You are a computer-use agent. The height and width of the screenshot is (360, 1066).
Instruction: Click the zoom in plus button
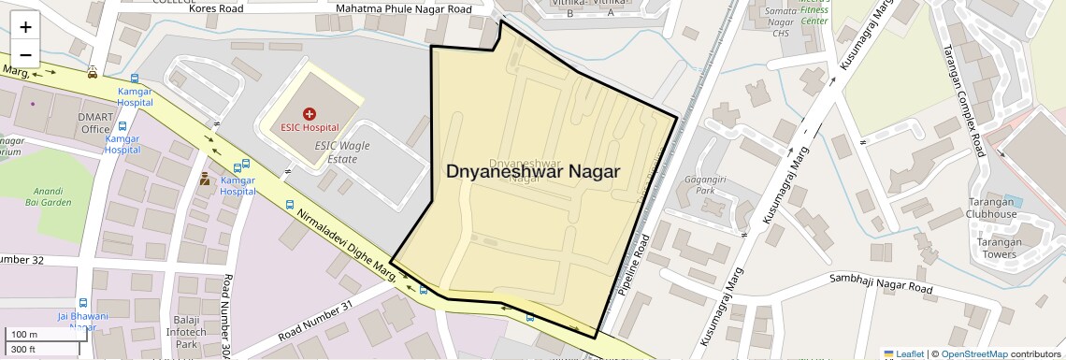[x=26, y=27]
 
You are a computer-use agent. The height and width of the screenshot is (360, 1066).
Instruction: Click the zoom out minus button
[x=26, y=53]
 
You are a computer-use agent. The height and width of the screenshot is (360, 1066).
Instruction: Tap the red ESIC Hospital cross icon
[x=310, y=112]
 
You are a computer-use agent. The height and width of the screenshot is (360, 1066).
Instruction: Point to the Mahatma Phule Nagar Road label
[x=404, y=9]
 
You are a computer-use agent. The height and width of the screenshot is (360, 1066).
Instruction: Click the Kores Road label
[x=216, y=8]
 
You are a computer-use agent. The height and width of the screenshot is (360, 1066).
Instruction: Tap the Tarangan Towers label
[x=998, y=248]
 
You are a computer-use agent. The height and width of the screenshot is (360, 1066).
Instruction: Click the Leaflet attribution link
[x=903, y=353]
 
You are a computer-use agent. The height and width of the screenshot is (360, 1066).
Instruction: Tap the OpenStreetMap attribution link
[x=973, y=353]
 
